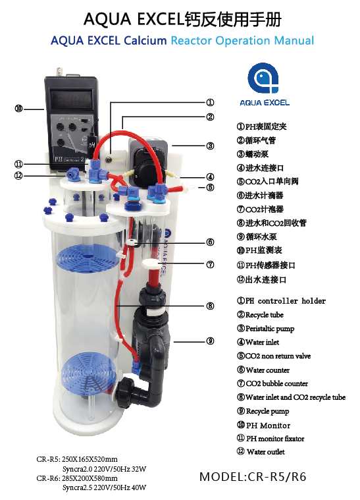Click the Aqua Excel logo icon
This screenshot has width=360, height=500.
[263, 78]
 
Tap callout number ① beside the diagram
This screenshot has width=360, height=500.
[210, 102]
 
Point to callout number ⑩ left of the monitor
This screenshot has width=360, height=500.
[18, 109]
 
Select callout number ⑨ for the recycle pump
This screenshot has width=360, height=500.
[210, 341]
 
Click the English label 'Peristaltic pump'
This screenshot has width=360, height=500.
[270, 329]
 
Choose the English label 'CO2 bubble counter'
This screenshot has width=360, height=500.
[276, 383]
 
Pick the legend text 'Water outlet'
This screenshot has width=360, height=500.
[266, 452]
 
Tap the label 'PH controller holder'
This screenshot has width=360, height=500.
[286, 300]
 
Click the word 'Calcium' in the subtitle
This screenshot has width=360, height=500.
[145, 40]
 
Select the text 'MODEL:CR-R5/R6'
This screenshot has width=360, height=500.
[253, 477]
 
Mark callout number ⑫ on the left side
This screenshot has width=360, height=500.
[18, 175]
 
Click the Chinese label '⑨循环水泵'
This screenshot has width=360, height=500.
[257, 236]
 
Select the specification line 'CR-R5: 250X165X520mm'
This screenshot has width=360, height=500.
[77, 459]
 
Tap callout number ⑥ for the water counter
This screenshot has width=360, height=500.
[210, 242]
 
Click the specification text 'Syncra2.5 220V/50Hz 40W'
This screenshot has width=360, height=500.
[104, 487]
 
